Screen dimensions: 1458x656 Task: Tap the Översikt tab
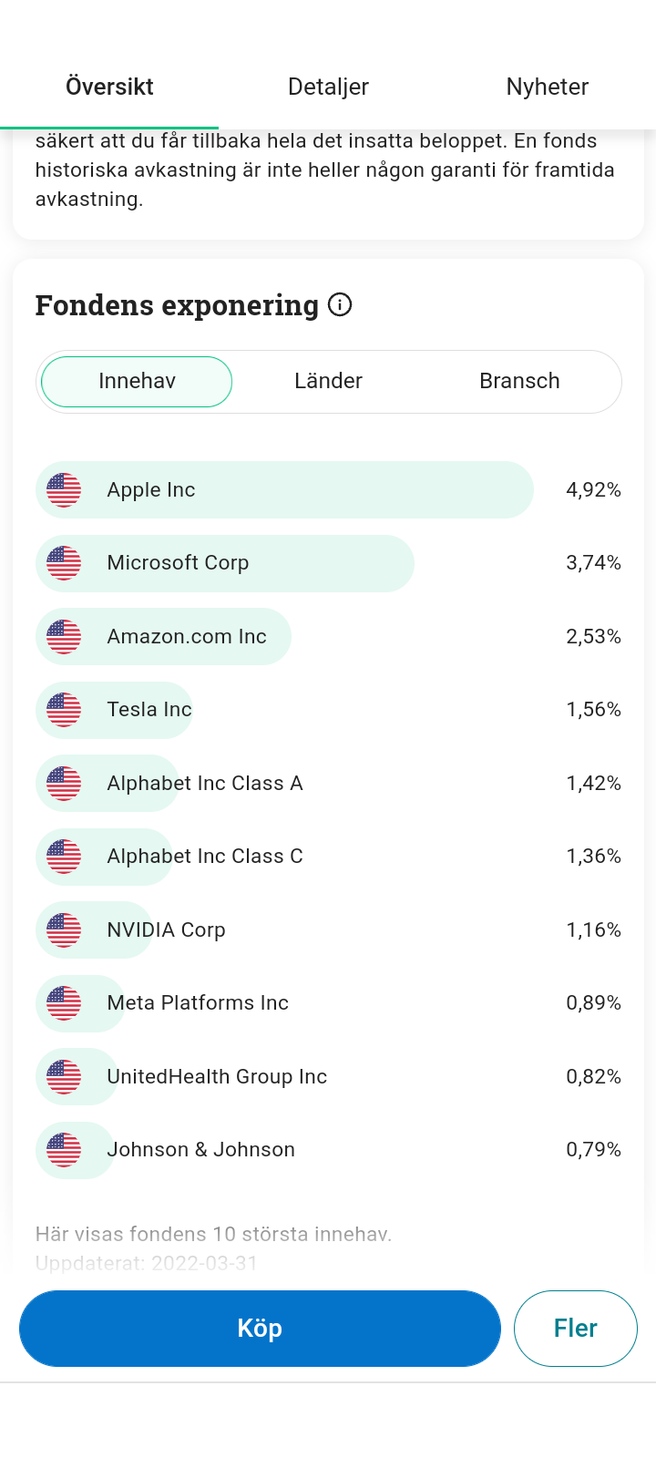(109, 87)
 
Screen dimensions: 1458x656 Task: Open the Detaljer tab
(328, 87)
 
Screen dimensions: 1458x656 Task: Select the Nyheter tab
(547, 87)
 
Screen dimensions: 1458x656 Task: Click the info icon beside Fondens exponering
(340, 304)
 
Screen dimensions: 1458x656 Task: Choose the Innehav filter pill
(137, 381)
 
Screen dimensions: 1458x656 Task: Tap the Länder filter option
(328, 381)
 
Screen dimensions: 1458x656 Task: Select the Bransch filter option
(519, 381)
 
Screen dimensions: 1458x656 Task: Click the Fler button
(575, 1328)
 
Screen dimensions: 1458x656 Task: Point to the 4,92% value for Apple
(593, 490)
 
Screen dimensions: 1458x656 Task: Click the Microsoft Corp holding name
(178, 563)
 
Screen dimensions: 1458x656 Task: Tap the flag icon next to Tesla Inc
(64, 710)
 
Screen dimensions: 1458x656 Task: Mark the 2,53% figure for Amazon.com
(593, 637)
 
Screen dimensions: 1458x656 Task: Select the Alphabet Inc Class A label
(204, 784)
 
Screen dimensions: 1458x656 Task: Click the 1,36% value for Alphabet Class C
(593, 857)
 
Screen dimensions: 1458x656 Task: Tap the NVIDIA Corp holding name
(166, 930)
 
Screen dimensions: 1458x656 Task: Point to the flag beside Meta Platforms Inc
(64, 1003)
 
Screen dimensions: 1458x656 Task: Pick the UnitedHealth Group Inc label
(217, 1077)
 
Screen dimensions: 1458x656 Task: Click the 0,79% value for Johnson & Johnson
(593, 1150)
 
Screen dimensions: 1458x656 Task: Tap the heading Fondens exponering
(177, 305)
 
